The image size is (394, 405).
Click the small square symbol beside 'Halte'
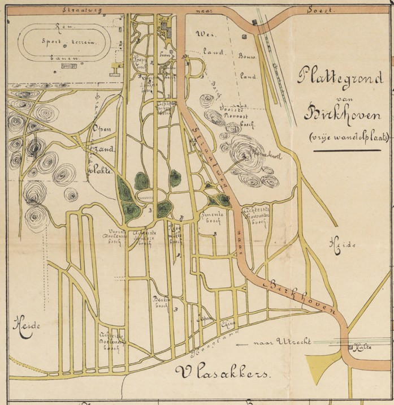(353, 346)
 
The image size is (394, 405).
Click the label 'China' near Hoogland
(229, 324)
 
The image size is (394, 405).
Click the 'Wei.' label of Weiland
(202, 35)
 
